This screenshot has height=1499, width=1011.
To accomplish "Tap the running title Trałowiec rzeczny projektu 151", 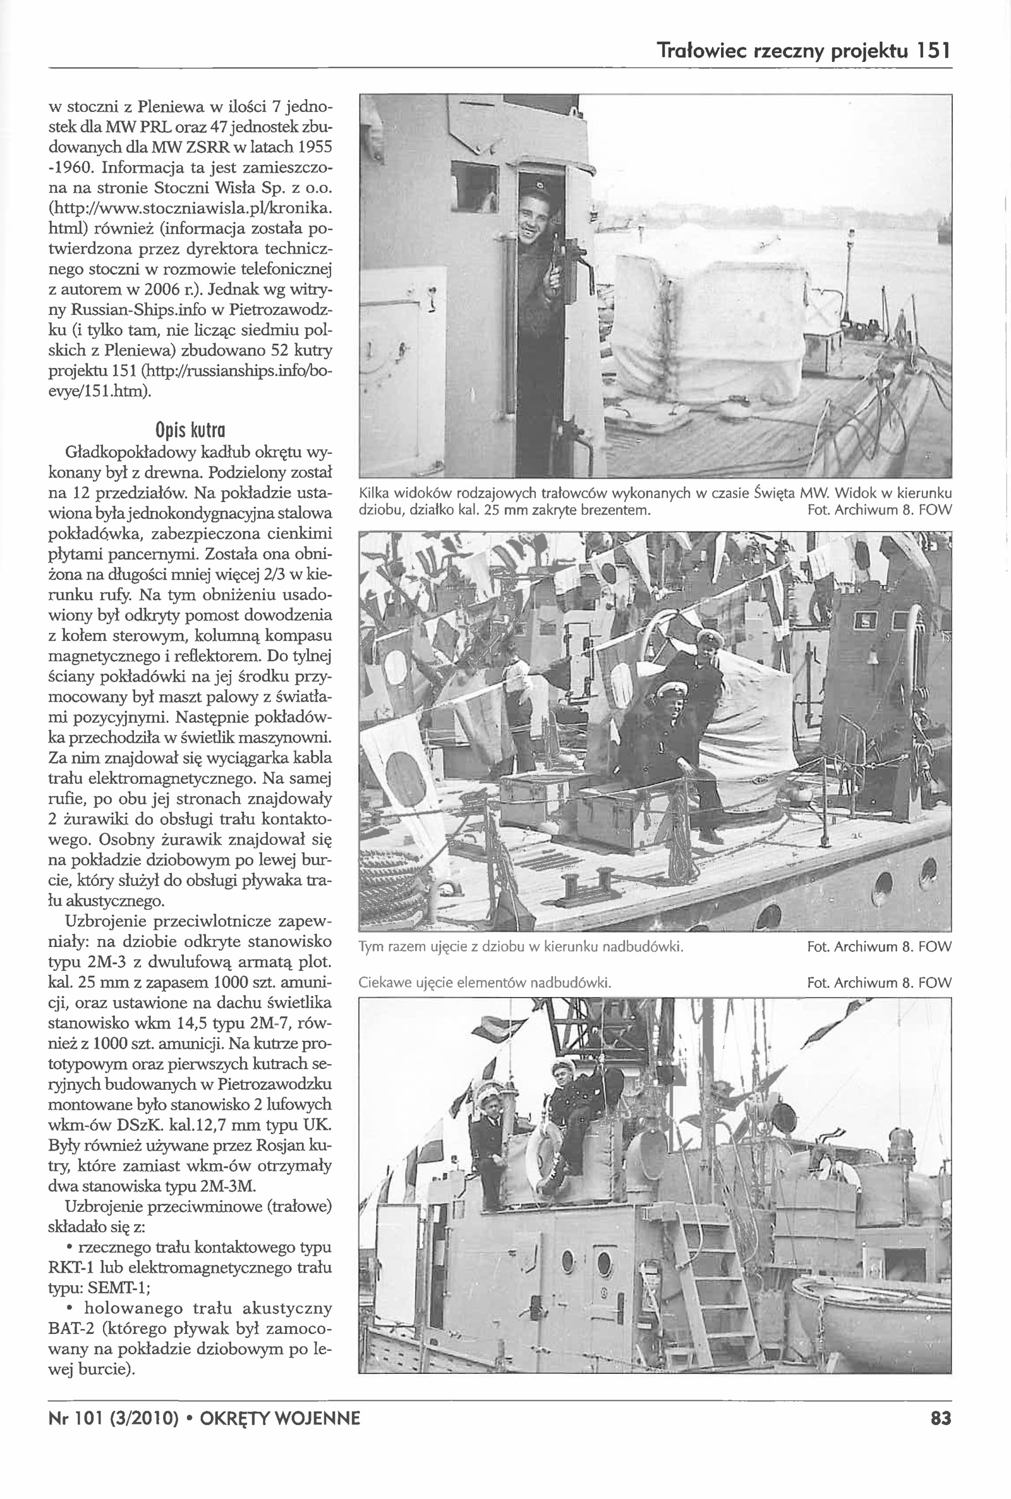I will [802, 51].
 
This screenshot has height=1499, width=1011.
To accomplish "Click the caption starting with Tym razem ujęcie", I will [520, 947].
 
